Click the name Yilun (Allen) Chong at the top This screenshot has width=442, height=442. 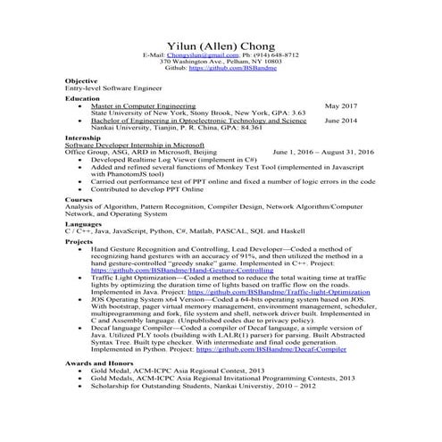tap(221, 46)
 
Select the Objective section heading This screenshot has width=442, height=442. tap(81, 81)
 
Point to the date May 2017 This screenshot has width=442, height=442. tap(340, 105)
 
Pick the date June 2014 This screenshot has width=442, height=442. tap(340, 120)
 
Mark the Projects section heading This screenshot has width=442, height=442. tap(79, 242)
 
